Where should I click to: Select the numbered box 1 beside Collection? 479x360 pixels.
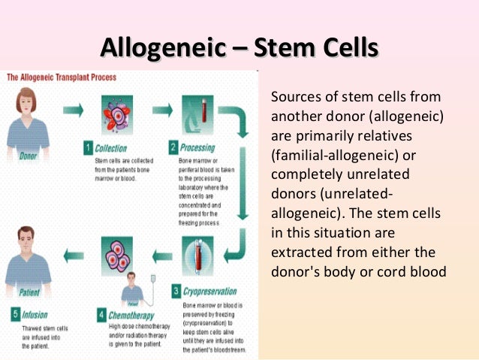[x=88, y=147]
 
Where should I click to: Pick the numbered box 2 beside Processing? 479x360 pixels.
[x=173, y=147]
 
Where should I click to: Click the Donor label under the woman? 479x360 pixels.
[x=28, y=156]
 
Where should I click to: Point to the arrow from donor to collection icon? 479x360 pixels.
[x=73, y=110]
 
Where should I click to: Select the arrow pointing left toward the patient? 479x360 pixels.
[x=73, y=255]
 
